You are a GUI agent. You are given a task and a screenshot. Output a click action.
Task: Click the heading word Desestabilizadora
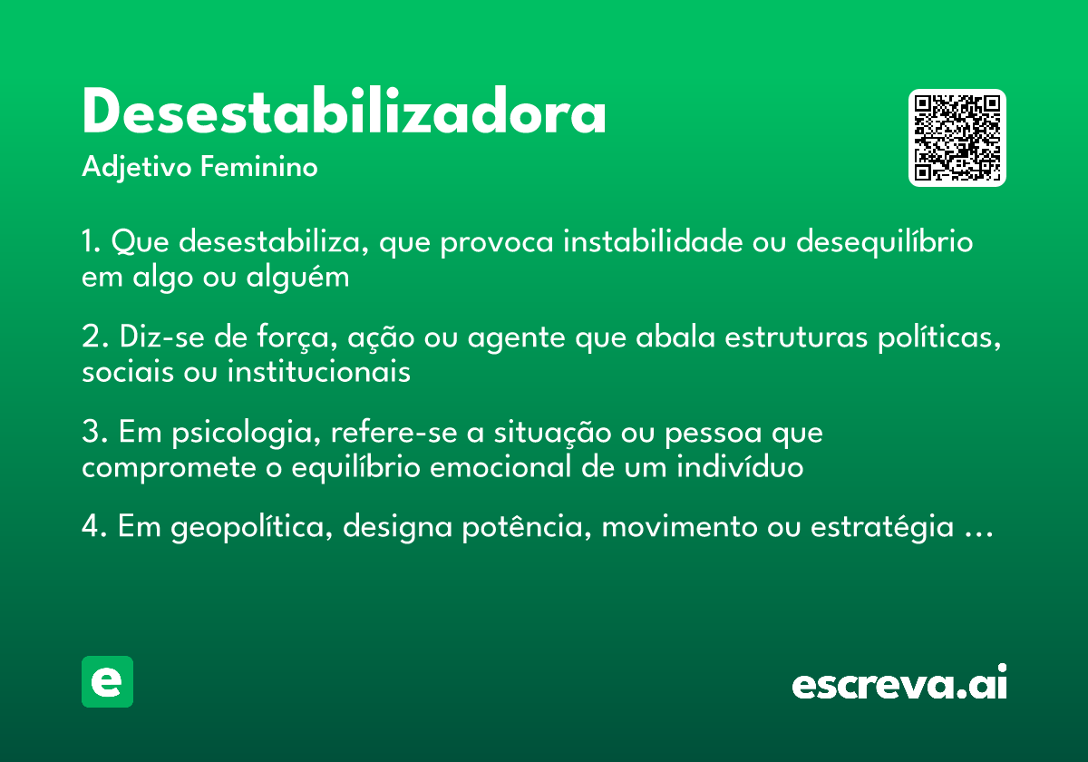[344, 113]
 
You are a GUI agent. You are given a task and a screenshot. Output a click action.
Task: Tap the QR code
[957, 138]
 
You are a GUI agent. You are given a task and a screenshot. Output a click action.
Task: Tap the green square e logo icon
[107, 681]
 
